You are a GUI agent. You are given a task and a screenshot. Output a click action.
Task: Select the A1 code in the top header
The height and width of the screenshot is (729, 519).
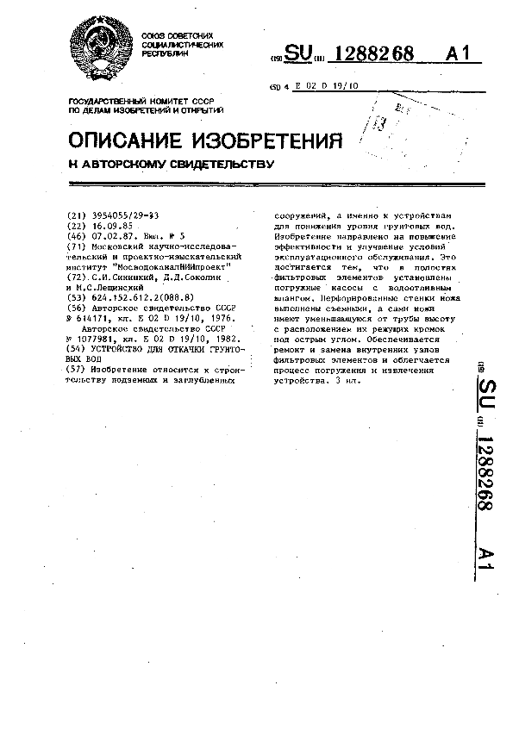(462, 55)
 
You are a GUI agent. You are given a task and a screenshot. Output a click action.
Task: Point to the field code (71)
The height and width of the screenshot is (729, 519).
(76, 246)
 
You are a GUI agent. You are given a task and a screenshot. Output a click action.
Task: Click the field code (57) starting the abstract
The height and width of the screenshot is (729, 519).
(76, 369)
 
